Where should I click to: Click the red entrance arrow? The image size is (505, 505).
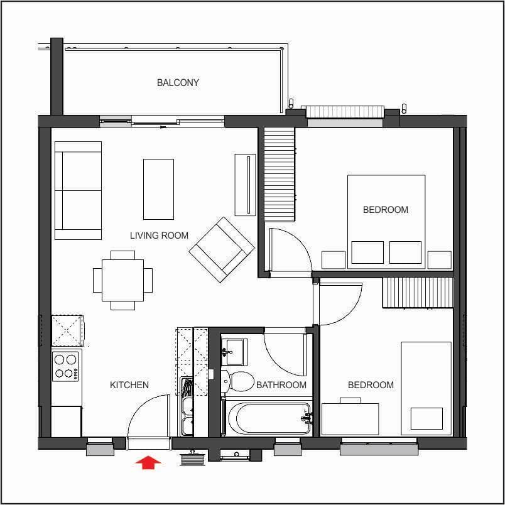tap(148, 462)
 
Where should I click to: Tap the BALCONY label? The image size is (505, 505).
tap(178, 83)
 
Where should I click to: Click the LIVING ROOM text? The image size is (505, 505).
tap(159, 236)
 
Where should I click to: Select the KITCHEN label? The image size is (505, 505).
tap(129, 385)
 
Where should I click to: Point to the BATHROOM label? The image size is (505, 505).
tap(281, 385)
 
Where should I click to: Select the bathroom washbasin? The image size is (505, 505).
tap(234, 352)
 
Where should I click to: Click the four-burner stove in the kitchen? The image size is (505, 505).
tap(66, 366)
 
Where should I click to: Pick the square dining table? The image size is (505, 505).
tap(122, 280)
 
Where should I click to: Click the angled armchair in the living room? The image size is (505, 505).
tap(222, 250)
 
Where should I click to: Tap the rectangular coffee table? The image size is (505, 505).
tap(158, 190)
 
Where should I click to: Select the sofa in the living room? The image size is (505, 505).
tap(78, 191)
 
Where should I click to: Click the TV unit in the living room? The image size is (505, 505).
tap(246, 185)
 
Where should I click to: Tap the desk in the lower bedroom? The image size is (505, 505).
tap(350, 419)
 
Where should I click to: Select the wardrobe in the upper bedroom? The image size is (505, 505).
tap(280, 174)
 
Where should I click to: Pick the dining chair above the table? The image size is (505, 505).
tap(122, 255)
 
